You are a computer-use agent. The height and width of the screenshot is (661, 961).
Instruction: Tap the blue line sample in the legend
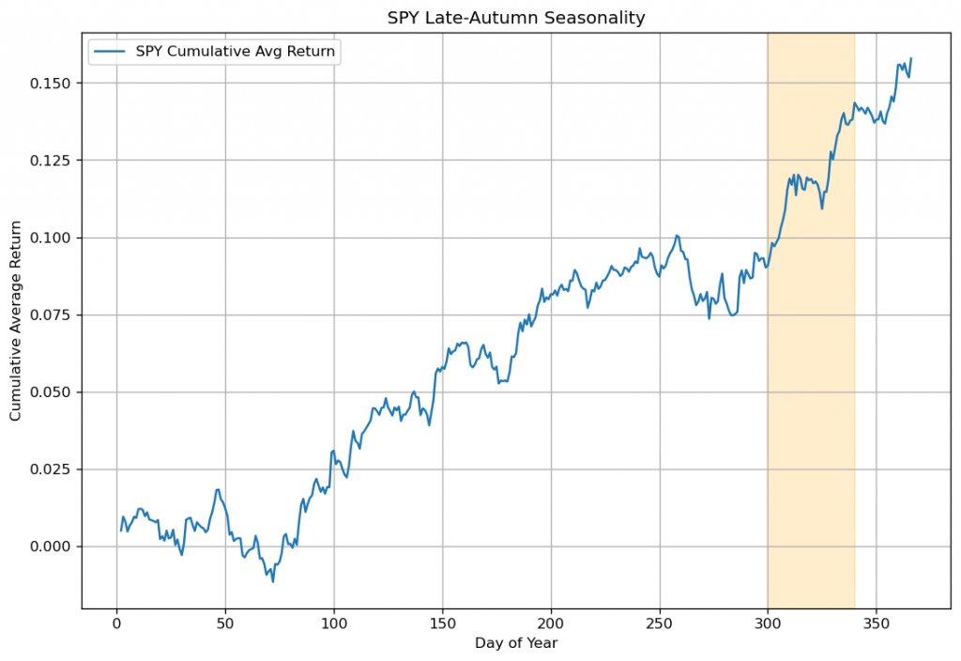[x=112, y=52]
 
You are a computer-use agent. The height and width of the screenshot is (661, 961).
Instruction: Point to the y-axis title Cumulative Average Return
[x=16, y=321]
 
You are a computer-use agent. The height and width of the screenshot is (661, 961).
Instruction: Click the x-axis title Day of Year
[x=515, y=643]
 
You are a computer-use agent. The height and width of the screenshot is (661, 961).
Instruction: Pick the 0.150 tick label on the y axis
[x=54, y=84]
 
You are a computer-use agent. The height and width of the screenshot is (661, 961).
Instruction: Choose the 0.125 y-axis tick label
[x=54, y=161]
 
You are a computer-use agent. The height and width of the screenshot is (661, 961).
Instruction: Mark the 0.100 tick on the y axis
[x=54, y=238]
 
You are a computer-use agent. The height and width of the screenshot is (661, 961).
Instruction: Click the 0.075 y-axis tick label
[x=54, y=315]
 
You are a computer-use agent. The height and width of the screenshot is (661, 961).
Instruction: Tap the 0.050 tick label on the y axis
[x=54, y=392]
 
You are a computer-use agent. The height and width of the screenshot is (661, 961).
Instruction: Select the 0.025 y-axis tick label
[x=54, y=469]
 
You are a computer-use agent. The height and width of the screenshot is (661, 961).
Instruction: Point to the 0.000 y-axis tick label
[x=54, y=546]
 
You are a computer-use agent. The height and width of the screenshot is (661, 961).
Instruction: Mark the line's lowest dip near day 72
[x=273, y=581]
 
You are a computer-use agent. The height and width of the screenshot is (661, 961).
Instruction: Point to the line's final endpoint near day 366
[x=910, y=58]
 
